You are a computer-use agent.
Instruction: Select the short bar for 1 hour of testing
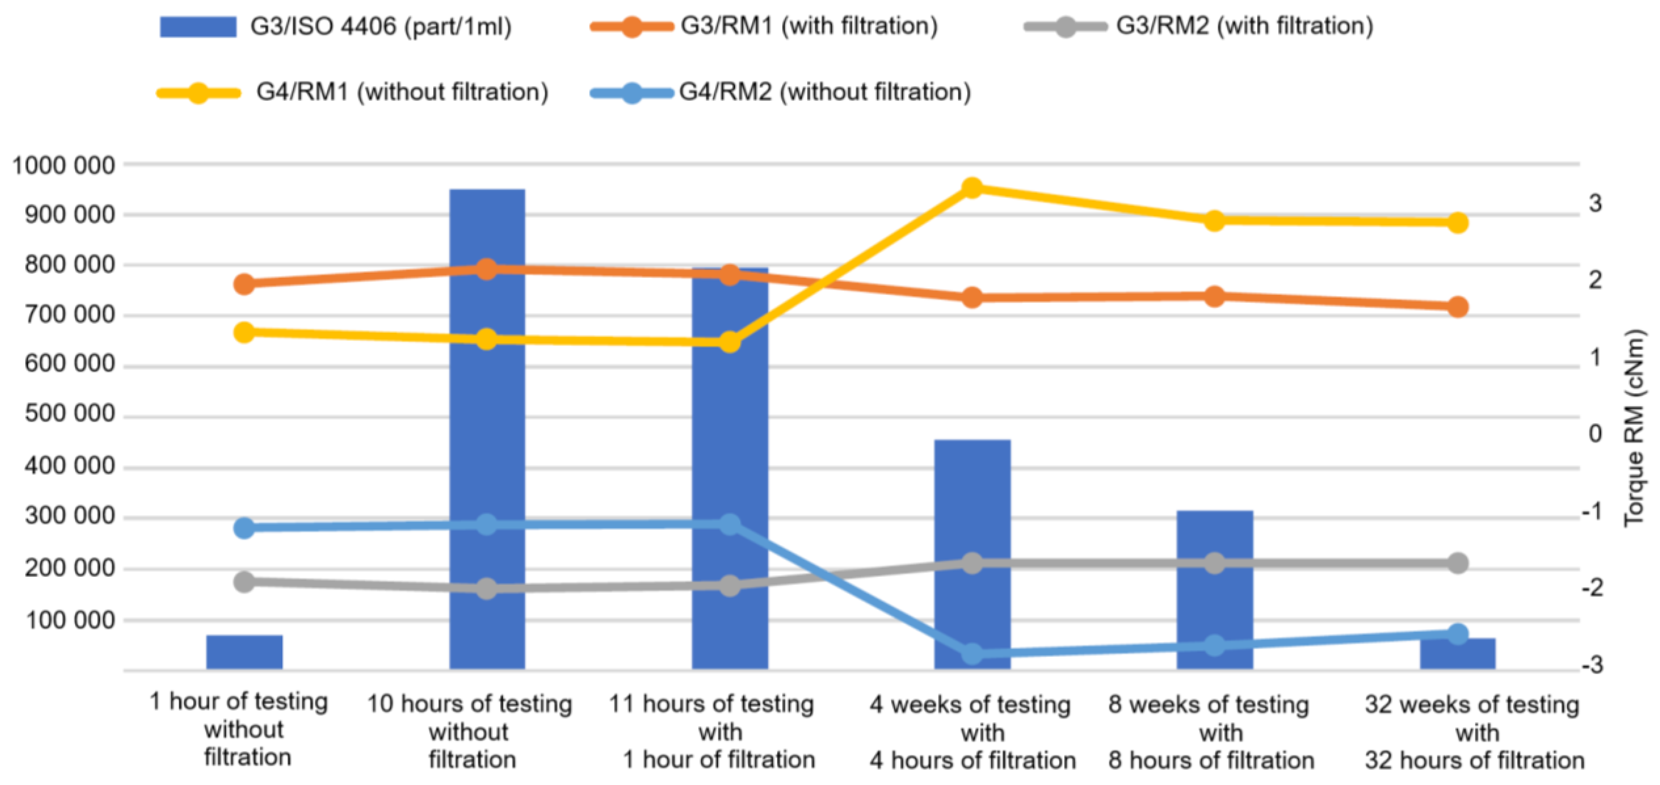244,652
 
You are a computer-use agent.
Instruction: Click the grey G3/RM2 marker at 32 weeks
1458,563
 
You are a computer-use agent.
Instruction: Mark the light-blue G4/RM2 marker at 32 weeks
1458,634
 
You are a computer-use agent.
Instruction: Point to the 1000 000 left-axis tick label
63,166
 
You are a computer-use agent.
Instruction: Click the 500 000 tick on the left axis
69,414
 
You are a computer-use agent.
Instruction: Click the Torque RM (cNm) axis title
1634,428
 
